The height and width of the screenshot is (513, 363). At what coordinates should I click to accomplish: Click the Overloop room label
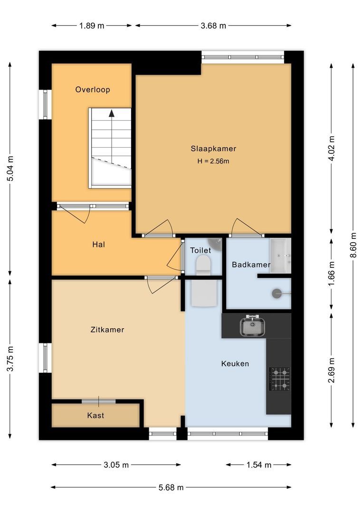click(x=93, y=90)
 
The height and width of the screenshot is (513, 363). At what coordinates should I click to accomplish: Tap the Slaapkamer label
click(x=213, y=149)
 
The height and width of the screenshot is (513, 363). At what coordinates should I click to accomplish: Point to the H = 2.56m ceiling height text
click(x=213, y=161)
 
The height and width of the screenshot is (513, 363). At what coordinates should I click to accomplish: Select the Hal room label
click(x=98, y=245)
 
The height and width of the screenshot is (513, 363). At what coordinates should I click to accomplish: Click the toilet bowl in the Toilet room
click(x=203, y=265)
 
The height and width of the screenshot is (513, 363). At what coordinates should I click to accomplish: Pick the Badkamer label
click(x=251, y=265)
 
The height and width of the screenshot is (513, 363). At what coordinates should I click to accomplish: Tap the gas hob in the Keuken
click(x=279, y=379)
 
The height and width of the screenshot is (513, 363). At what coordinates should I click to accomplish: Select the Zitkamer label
click(x=107, y=330)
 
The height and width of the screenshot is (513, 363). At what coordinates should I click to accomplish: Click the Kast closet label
click(x=96, y=416)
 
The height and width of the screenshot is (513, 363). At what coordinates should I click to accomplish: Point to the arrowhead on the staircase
click(x=112, y=113)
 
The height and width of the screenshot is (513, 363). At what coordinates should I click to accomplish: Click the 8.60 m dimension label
click(x=353, y=245)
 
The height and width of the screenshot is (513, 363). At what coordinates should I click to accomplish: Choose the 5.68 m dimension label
click(x=171, y=487)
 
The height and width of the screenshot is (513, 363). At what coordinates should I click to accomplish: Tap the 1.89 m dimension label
click(x=92, y=26)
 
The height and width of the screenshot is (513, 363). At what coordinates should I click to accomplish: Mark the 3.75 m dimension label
click(x=10, y=359)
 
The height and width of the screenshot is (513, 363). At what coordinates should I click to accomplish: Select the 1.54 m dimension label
click(x=259, y=465)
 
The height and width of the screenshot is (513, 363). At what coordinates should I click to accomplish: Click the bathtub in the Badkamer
click(x=280, y=256)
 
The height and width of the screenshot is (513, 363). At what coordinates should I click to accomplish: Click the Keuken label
click(x=235, y=363)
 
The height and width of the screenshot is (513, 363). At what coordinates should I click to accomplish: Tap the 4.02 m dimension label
click(x=332, y=148)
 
